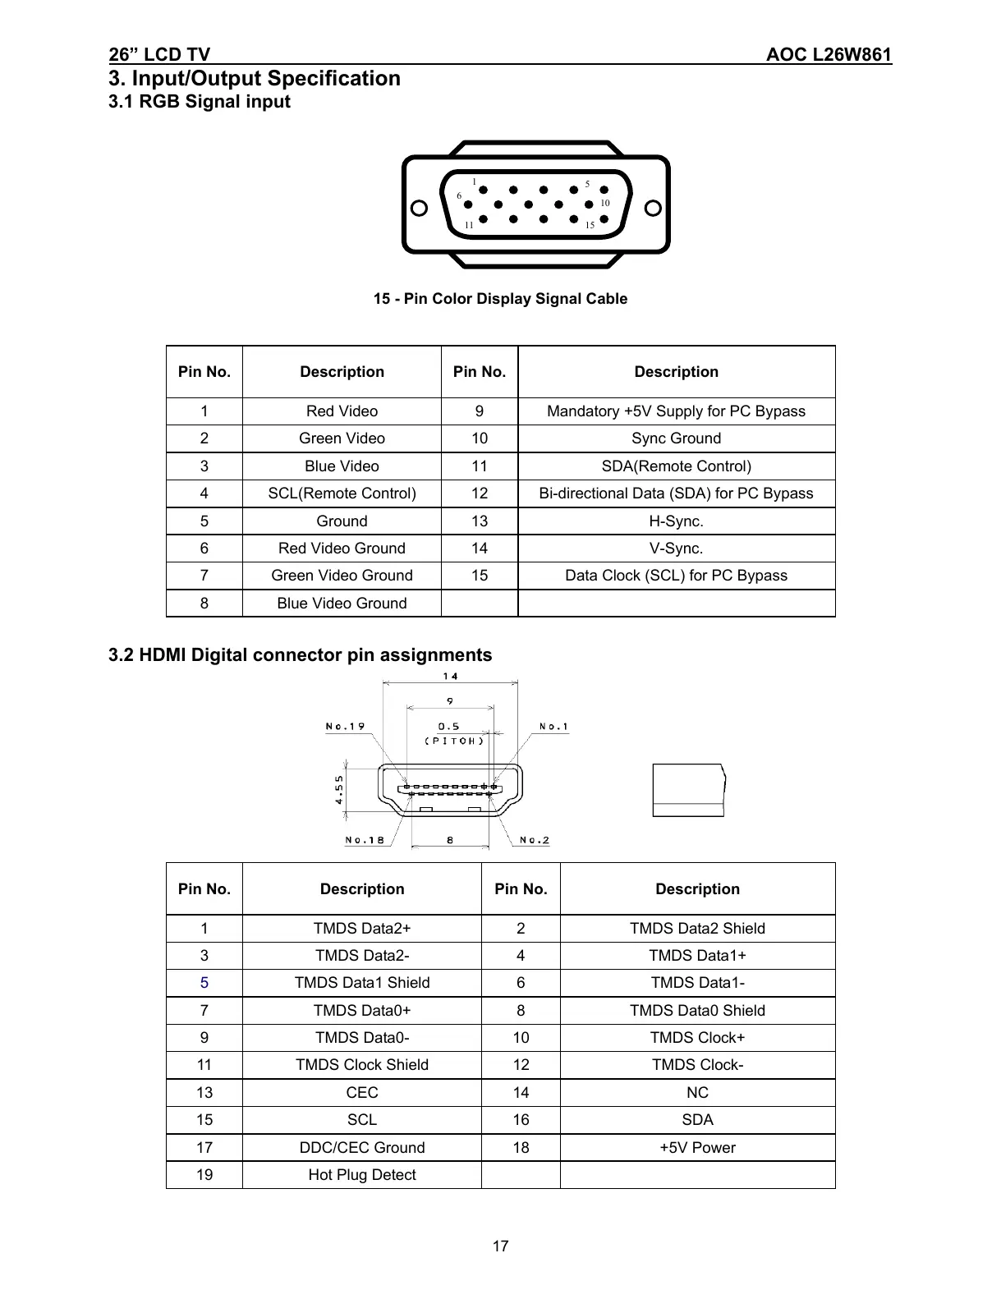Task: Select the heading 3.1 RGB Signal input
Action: click(x=200, y=102)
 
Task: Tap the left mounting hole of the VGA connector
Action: click(x=419, y=208)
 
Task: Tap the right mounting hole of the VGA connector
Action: click(x=654, y=208)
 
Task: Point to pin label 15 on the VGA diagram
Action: click(x=589, y=225)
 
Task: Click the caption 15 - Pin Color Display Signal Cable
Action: click(x=500, y=299)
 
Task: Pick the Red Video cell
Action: click(x=342, y=411)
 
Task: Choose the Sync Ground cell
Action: click(x=676, y=438)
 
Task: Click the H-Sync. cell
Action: click(x=676, y=521)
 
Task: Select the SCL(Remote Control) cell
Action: click(x=342, y=493)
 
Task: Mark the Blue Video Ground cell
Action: click(x=342, y=604)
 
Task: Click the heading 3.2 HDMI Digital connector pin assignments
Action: click(x=301, y=655)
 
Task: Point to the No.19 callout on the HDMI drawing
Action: click(x=345, y=726)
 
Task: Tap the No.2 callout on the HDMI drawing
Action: click(x=534, y=840)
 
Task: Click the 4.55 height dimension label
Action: click(x=338, y=791)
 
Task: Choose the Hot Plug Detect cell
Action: click(x=361, y=1175)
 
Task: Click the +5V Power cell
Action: click(x=697, y=1148)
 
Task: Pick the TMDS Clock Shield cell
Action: click(x=361, y=1065)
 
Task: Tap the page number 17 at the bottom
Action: click(x=500, y=1246)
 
